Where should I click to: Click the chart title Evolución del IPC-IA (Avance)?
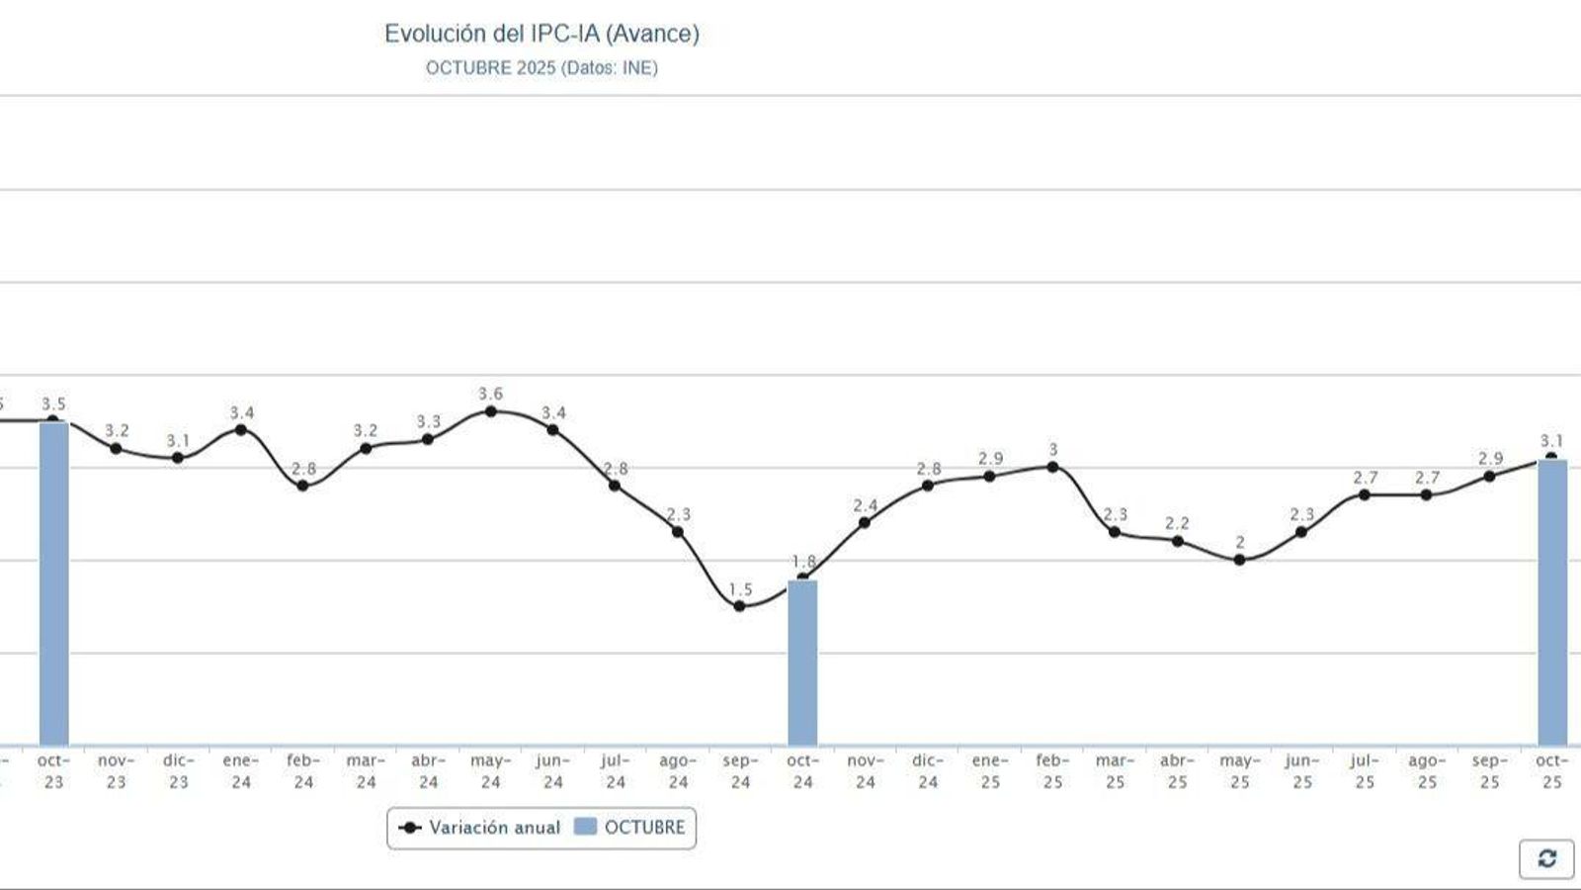(541, 34)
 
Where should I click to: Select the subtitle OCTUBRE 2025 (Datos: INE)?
(541, 68)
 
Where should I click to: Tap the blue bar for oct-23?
(53, 583)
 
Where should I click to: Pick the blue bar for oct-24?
(802, 663)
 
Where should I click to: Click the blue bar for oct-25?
(1551, 603)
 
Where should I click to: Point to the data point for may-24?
(491, 411)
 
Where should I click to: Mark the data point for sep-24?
(740, 606)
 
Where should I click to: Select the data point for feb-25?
(1052, 467)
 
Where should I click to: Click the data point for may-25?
(1240, 560)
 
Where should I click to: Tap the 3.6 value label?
(491, 394)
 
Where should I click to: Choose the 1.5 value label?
(740, 589)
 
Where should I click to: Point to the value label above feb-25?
(1052, 450)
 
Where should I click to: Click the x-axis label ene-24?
(241, 771)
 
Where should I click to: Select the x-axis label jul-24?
(615, 771)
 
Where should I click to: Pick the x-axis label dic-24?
(927, 771)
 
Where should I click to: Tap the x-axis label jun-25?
(1302, 771)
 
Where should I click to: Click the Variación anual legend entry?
(479, 828)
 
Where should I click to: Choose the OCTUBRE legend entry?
(630, 828)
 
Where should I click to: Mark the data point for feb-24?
(303, 486)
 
